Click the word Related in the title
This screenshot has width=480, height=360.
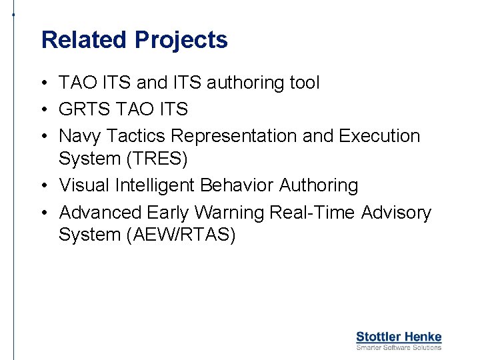85,40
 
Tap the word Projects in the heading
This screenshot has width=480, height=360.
181,40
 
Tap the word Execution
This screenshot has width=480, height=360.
379,136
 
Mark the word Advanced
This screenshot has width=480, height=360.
101,213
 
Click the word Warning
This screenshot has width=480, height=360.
231,213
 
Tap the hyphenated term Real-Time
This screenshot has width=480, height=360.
313,213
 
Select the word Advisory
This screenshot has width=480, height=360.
396,213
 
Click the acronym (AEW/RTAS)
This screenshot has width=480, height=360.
181,236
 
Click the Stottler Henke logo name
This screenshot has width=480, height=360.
399,337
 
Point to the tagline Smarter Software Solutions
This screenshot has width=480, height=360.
399,347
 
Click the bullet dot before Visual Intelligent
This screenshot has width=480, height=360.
42,186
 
